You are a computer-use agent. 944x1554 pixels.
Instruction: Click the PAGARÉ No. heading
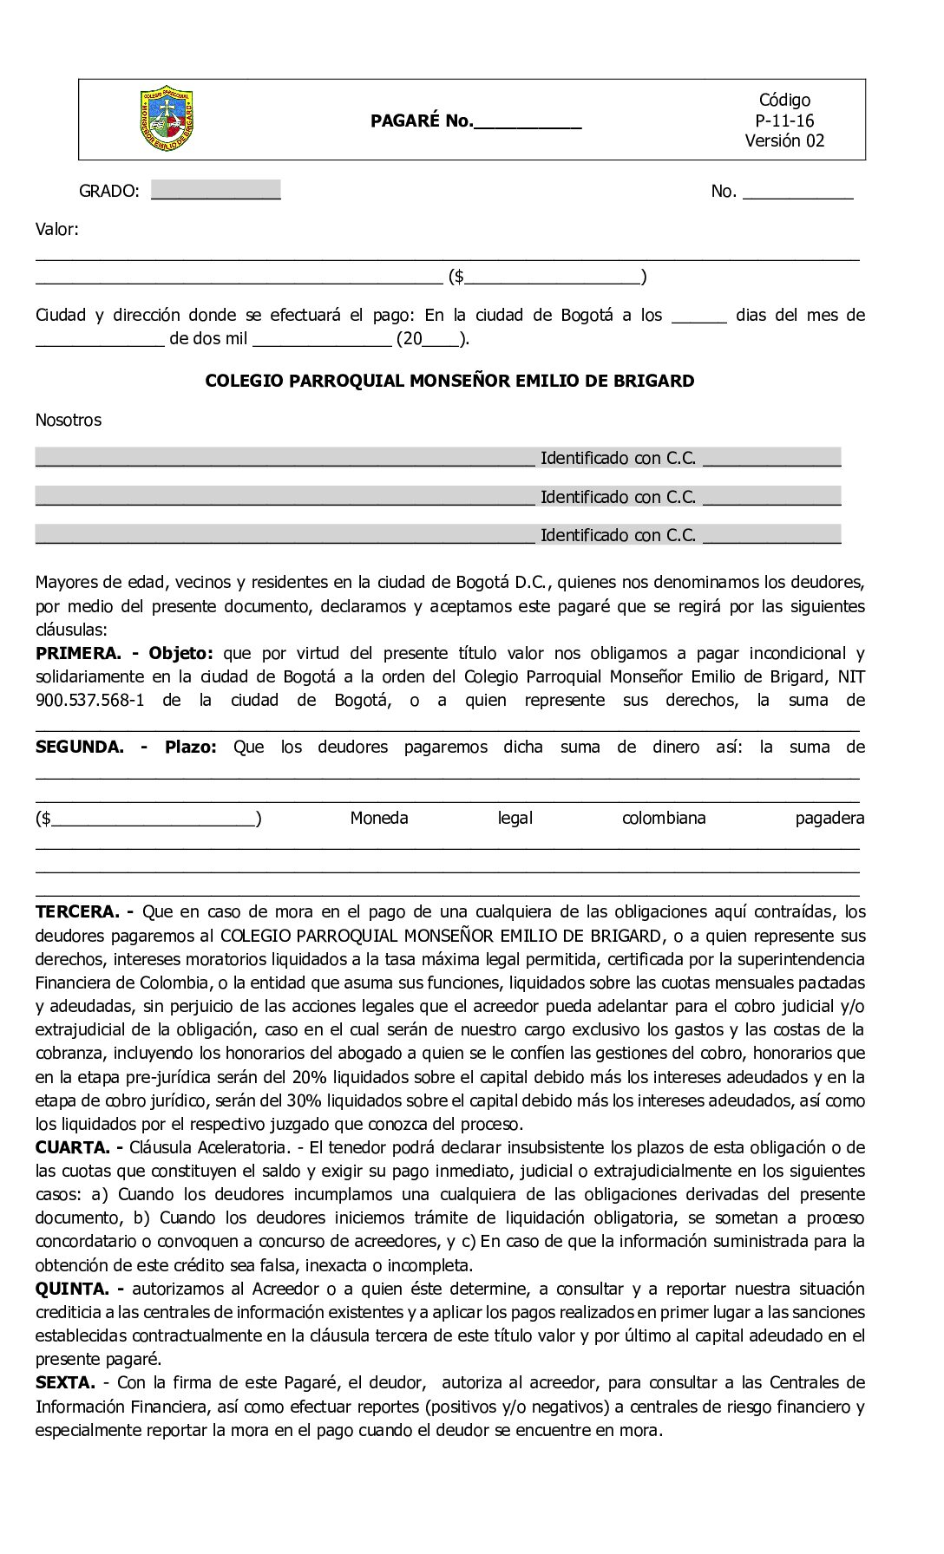(x=422, y=121)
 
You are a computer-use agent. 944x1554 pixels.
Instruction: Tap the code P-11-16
(x=784, y=121)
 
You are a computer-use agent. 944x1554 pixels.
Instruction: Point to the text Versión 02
(x=784, y=140)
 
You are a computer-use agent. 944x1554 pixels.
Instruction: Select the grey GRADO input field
(x=215, y=190)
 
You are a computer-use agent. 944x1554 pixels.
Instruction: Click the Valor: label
(x=57, y=230)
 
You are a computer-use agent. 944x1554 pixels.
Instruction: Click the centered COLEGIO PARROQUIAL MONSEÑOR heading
(x=449, y=381)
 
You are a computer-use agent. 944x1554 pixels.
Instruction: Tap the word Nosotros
(x=68, y=421)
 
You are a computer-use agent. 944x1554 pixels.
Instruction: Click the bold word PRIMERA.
(x=77, y=653)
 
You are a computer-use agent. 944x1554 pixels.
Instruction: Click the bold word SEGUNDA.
(x=80, y=747)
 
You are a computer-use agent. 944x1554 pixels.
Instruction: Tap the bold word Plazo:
(x=190, y=747)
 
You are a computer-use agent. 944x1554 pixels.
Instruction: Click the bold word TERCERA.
(x=76, y=911)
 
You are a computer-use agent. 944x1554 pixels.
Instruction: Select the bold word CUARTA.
(x=73, y=1147)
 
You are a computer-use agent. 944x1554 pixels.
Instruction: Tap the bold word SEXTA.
(x=65, y=1382)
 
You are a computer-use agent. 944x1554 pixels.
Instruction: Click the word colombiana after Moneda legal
(x=664, y=818)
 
